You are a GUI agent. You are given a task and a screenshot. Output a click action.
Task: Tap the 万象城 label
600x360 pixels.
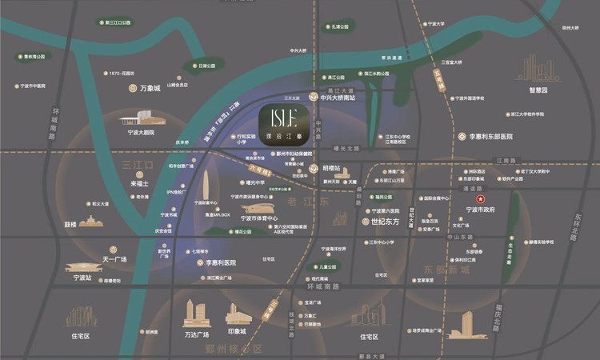tap(150, 88)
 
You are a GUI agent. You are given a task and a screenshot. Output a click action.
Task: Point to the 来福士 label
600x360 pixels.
tap(140, 183)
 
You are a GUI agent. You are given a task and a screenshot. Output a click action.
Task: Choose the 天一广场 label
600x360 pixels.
tap(115, 260)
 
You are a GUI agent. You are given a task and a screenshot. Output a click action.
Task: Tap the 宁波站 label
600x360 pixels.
tap(83, 278)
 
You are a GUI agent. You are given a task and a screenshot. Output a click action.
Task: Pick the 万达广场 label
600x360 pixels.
tap(196, 333)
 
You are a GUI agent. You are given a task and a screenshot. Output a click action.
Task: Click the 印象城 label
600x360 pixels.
tap(238, 332)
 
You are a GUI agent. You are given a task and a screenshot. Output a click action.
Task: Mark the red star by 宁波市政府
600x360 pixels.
tap(480, 198)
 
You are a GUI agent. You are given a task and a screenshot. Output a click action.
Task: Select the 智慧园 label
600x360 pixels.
tap(538, 91)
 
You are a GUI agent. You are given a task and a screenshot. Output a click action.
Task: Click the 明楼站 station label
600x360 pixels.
tap(331, 169)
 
